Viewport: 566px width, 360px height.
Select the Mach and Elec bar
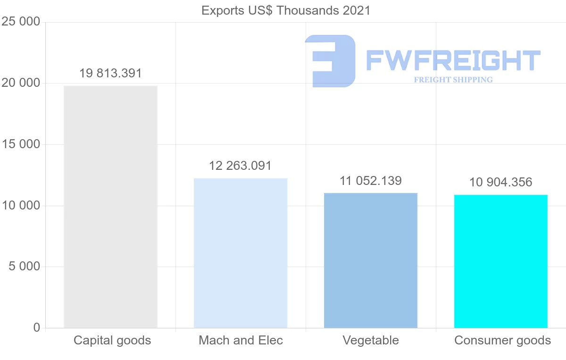(241, 253)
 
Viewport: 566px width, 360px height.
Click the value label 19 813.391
(110, 74)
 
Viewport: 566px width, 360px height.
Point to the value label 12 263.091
(241, 166)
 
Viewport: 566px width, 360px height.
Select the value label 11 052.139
(371, 181)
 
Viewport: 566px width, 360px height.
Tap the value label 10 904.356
(500, 182)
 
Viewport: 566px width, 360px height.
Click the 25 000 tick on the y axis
(20, 22)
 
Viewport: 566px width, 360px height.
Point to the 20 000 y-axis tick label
(20, 83)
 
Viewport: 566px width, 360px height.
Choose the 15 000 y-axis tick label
(20, 144)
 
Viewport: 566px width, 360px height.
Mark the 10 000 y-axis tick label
(20, 206)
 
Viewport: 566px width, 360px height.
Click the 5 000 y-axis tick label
(24, 267)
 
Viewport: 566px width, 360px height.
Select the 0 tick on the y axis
(37, 327)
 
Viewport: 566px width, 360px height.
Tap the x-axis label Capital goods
(112, 340)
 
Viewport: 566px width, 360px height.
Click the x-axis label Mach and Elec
(241, 340)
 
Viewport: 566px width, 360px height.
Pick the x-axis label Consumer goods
(502, 340)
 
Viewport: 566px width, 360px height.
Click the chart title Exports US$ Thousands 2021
(286, 10)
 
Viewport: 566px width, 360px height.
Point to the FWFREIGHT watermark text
(453, 60)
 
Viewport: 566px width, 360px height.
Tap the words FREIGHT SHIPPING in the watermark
(453, 80)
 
